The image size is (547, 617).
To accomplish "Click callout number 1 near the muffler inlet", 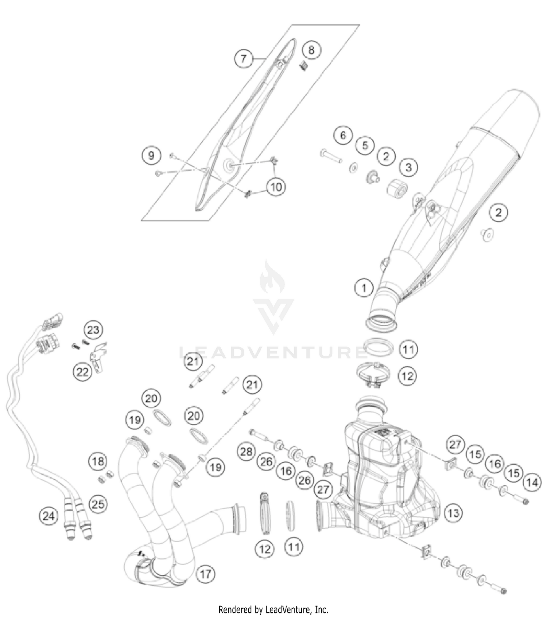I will coord(364,288).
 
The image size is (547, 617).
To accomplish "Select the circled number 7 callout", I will coord(244,58).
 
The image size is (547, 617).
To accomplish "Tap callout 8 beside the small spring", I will coord(311,50).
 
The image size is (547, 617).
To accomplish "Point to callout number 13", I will coord(453,513).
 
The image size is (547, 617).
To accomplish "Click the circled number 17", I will coord(205,574).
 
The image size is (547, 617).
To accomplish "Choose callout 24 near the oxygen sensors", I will coord(48,516).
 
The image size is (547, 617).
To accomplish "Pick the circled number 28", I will coord(246,452).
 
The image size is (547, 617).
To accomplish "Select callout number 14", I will coord(532,483).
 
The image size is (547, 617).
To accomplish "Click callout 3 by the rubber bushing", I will coord(408,167).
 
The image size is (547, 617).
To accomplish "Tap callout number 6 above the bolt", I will coord(343,136).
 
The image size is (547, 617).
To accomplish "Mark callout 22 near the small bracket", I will coord(82,372).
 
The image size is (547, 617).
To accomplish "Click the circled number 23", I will coord(93,330).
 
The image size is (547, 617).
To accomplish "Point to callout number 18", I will coord(98,461).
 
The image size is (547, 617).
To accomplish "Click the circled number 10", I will coord(276,187).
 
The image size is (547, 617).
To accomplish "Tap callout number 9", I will coord(151,156).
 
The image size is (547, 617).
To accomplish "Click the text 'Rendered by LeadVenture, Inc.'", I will coord(273,609).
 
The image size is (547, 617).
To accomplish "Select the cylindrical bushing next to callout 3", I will coord(396,189).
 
